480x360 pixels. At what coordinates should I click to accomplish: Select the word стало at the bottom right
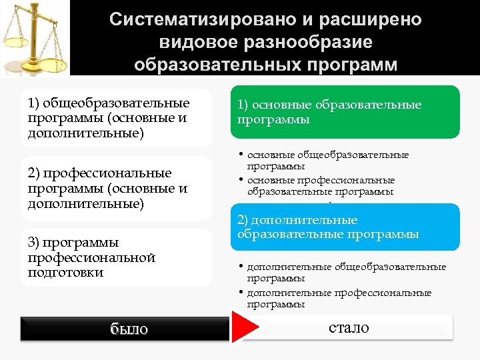(x=348, y=327)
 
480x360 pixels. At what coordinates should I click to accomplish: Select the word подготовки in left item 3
(x=66, y=272)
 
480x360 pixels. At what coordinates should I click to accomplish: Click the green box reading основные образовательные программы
(x=341, y=112)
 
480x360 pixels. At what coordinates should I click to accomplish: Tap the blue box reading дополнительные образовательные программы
(x=341, y=227)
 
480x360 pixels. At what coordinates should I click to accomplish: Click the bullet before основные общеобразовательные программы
(x=241, y=155)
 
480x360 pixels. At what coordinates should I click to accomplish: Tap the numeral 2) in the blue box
(x=244, y=220)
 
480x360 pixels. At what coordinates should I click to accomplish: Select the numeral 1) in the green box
(x=243, y=105)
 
